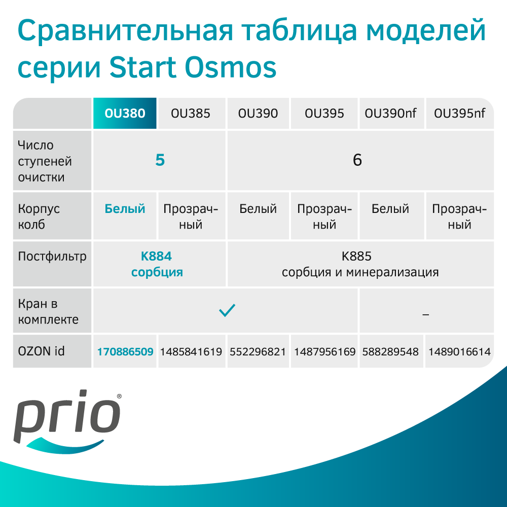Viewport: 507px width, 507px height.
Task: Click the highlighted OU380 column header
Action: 125,113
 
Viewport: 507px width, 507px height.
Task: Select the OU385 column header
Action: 191,114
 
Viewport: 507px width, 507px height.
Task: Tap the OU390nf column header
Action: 390,114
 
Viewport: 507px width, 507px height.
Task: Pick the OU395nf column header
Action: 459,114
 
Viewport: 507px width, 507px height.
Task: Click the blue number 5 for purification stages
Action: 160,160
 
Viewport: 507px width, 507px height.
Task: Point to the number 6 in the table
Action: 357,160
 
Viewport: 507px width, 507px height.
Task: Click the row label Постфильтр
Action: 52,257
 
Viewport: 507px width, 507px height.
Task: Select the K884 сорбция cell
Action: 157,264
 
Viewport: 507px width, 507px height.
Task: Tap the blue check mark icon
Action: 227,310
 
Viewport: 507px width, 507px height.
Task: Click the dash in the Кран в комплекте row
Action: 425,314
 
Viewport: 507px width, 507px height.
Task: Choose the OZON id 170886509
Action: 125,351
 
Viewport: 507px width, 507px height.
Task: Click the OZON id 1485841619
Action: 191,351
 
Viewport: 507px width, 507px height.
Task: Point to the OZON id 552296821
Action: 258,351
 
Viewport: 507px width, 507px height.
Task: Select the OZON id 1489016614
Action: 459,351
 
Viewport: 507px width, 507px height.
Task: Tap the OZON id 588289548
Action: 390,351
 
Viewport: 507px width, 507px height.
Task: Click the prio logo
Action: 67,421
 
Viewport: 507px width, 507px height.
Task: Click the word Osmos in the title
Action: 231,67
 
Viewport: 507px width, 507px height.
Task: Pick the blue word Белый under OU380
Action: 125,209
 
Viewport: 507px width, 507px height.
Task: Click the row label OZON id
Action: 42,351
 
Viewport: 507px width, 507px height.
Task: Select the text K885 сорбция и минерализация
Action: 360,264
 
